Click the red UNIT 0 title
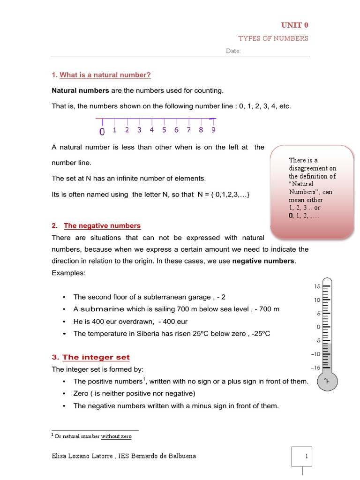pos(294,25)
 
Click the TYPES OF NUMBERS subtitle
pos(273,38)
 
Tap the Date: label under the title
pos(233,51)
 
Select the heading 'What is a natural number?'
pos(105,75)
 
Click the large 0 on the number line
pos(102,132)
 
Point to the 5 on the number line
pos(164,130)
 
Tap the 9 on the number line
pos(213,130)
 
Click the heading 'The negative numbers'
pos(102,225)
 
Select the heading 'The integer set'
pos(96,357)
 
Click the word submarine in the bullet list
pos(102,309)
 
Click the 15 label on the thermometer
pos(317,286)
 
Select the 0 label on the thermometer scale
pos(318,327)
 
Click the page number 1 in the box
pos(306,455)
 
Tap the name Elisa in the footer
pos(61,455)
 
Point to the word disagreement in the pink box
pos(312,168)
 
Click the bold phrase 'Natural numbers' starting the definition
pos(80,90)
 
